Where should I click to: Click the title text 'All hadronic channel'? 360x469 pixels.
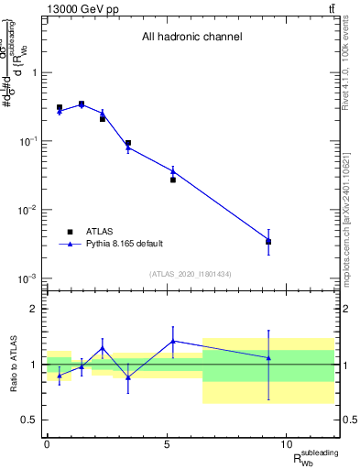pos(191,38)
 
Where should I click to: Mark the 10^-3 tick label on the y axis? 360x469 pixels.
pos(27,278)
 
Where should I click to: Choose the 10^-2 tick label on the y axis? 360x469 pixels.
pos(27,210)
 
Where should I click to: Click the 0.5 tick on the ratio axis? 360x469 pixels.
pos(28,420)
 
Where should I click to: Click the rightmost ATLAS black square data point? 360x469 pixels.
pos(268,242)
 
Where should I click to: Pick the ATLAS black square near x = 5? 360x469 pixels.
pos(172,180)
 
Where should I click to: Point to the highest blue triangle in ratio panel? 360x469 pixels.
pos(172,341)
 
